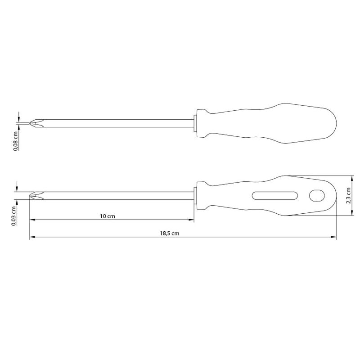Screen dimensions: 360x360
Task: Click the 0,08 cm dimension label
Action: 16,141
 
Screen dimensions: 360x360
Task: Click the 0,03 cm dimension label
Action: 14,216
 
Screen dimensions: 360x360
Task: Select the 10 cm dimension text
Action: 108,216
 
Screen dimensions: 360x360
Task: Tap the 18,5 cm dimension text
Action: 170,233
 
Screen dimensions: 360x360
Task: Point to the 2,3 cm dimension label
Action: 348,196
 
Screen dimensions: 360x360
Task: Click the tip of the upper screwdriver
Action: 30,123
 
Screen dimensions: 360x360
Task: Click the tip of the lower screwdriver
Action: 30,196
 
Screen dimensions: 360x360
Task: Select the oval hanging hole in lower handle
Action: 317,196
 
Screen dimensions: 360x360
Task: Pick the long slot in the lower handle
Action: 275,196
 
